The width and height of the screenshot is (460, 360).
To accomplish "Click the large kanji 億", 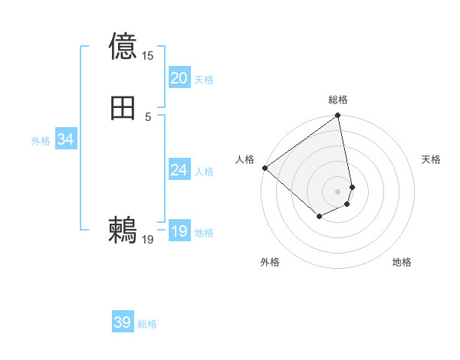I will (x=123, y=46).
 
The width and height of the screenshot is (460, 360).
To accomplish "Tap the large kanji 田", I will (x=123, y=109).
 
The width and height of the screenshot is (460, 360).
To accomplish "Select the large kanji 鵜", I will (x=123, y=231).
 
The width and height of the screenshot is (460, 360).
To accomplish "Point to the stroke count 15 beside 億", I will (x=148, y=56).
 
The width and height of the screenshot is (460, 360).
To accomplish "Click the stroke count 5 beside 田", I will (x=148, y=117).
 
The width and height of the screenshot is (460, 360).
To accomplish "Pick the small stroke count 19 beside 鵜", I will (x=148, y=240).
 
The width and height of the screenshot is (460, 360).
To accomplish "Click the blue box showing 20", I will (x=179, y=78).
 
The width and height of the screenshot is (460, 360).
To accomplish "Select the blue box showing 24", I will (x=179, y=170).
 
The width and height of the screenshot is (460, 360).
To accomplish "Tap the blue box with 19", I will (x=179, y=231).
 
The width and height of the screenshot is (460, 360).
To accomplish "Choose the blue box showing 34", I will (x=66, y=139).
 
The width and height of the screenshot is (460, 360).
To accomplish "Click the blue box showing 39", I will (x=123, y=322).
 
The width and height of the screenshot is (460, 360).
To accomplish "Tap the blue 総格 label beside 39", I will (x=148, y=324).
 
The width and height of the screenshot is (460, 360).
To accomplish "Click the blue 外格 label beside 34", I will (x=41, y=141).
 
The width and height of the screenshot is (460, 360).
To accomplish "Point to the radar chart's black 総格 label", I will (x=338, y=100).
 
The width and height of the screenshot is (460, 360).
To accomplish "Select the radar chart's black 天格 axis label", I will (x=431, y=159).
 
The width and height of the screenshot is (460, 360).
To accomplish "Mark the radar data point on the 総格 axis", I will (x=338, y=116).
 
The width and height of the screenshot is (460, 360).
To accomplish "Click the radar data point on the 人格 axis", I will (x=264, y=168).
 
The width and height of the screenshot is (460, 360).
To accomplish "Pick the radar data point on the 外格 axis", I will (x=319, y=217).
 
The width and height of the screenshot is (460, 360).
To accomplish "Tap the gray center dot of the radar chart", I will (x=338, y=191).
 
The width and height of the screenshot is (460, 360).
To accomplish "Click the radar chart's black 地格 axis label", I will (x=402, y=262).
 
